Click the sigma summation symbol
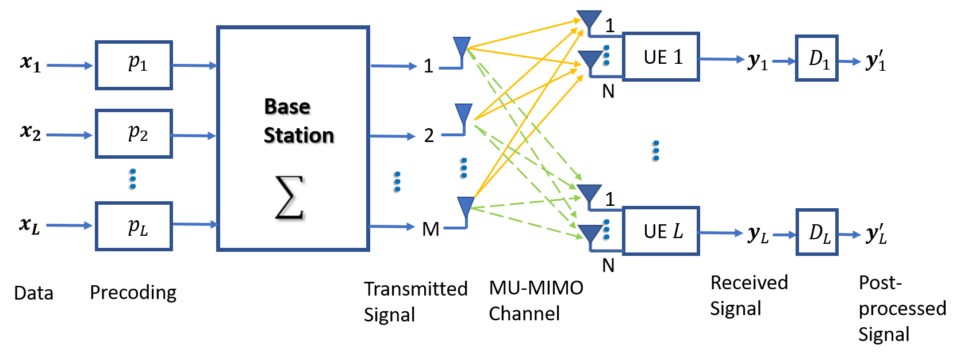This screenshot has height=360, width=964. (x=287, y=197)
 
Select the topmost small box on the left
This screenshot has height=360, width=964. (x=133, y=65)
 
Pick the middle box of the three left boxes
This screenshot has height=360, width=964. (x=133, y=133)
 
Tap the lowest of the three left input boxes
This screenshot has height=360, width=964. (x=133, y=226)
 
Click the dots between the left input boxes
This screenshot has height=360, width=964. (x=133, y=178)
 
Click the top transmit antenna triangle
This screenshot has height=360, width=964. (x=462, y=45)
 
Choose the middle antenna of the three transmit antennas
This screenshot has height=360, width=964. (x=463, y=112)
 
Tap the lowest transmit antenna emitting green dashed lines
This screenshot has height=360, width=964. (x=466, y=205)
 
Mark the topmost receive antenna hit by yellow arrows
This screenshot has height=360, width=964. (x=589, y=18)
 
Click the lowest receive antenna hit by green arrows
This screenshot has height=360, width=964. (x=590, y=232)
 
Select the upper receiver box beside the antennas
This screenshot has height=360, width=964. (x=660, y=56)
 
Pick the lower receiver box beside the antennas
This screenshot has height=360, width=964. (x=660, y=231)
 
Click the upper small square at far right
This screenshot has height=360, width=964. (x=816, y=58)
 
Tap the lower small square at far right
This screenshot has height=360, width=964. (x=816, y=232)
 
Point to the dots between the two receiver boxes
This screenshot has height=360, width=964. (x=656, y=150)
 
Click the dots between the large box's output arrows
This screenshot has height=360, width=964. (x=397, y=181)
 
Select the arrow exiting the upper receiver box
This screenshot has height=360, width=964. (x=722, y=59)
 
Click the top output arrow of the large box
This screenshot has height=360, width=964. (x=394, y=66)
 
